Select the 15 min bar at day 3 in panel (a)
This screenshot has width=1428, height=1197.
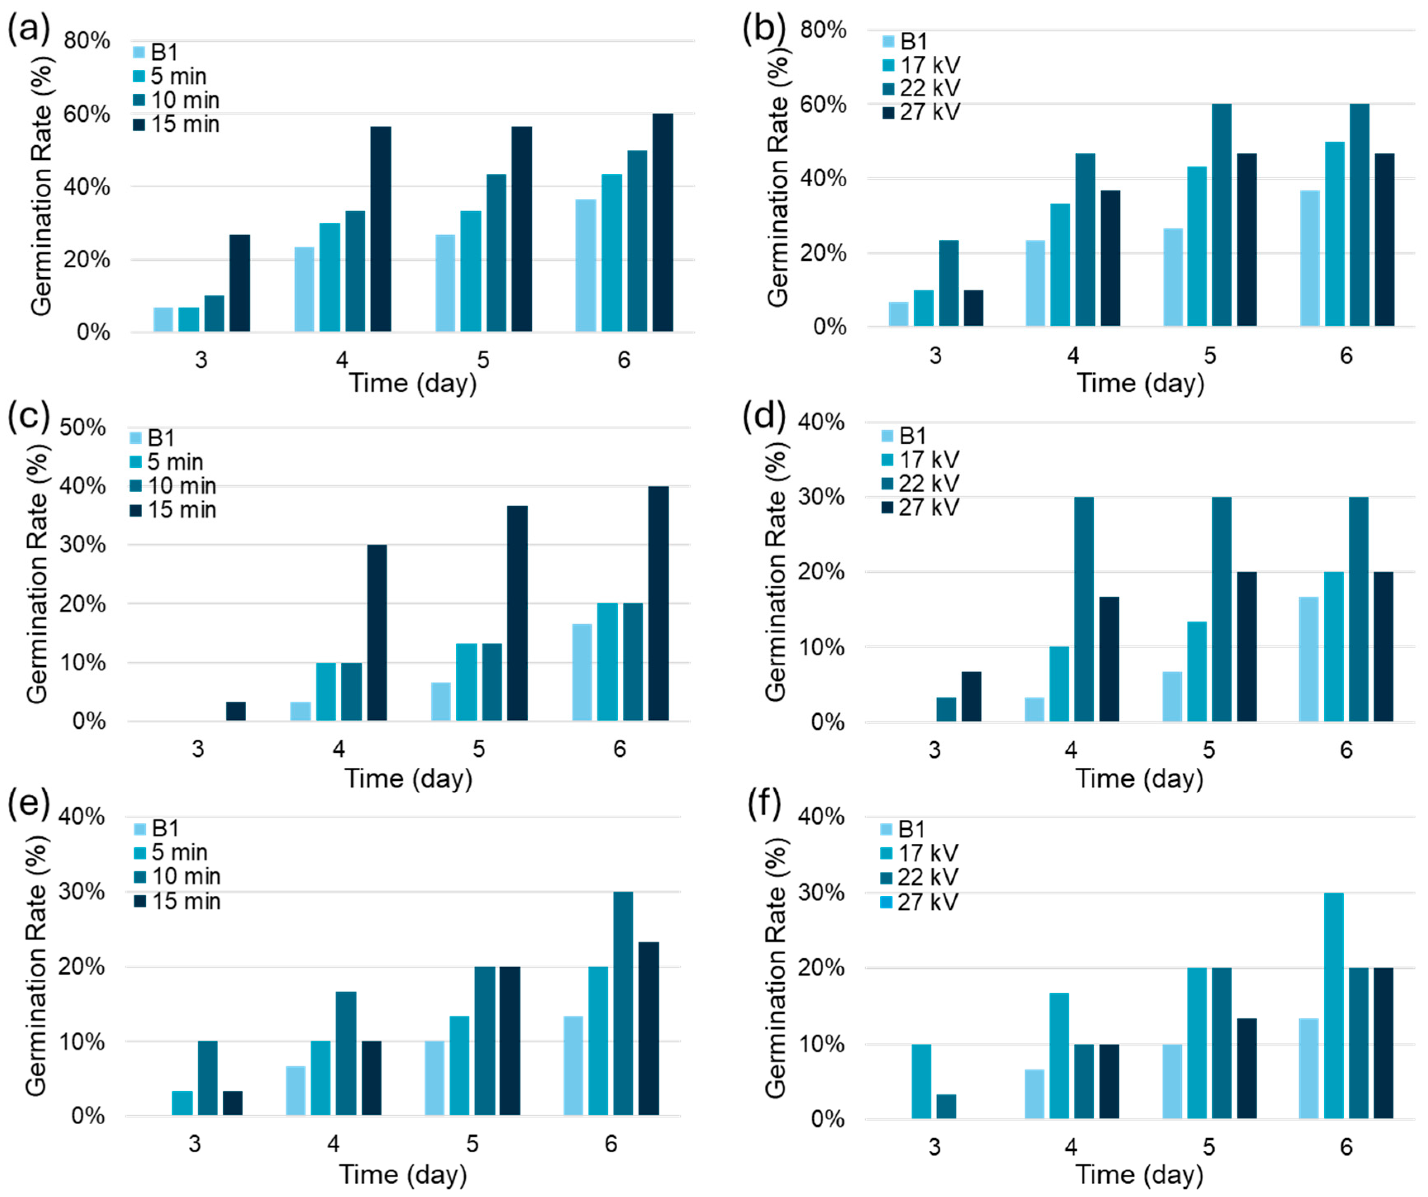[x=239, y=283]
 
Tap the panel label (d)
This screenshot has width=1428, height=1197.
[x=764, y=416]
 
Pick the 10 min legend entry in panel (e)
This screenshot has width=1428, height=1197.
[x=177, y=877]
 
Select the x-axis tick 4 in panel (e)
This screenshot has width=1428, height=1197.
[x=333, y=1144]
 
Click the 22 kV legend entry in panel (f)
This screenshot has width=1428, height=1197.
[x=919, y=877]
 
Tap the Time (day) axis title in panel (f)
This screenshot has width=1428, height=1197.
[x=1139, y=1175]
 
